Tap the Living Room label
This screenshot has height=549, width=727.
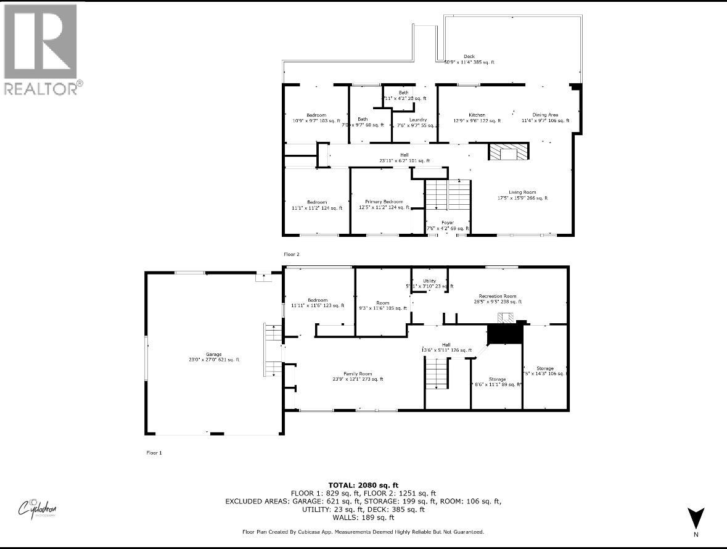(522, 192)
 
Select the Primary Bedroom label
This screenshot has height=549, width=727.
(384, 202)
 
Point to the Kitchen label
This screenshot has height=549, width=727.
(477, 115)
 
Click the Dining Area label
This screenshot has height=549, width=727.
(545, 115)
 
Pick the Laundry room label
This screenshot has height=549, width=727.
(417, 120)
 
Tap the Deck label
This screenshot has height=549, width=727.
(469, 57)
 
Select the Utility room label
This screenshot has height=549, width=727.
(429, 281)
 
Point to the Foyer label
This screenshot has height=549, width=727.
(447, 223)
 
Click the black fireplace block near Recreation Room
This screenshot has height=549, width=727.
(504, 335)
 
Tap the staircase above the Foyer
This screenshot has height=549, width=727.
(448, 196)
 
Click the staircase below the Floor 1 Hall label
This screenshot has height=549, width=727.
(436, 374)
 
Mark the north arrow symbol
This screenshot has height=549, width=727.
(696, 518)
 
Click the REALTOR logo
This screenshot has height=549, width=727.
(42, 49)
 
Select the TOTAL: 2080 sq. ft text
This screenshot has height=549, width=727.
(363, 485)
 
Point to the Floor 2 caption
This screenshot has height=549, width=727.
(292, 254)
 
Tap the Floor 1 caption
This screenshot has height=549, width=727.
(154, 453)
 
